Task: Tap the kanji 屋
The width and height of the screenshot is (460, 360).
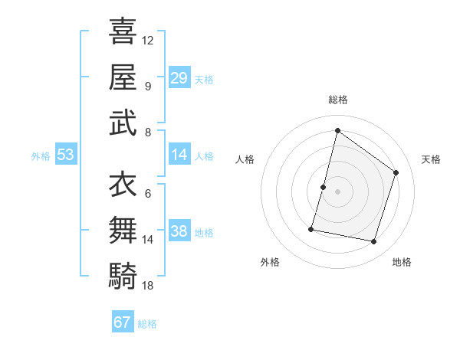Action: click(123, 76)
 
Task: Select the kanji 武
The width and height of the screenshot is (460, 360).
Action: click(123, 122)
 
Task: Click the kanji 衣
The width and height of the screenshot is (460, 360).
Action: click(123, 184)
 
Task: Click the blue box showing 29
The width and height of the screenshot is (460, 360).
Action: click(179, 77)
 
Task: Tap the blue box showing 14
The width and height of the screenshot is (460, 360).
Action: click(179, 155)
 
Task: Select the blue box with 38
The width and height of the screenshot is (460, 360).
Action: click(179, 231)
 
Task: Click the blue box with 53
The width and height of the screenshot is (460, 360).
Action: click(66, 155)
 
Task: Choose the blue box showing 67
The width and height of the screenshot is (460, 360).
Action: click(123, 322)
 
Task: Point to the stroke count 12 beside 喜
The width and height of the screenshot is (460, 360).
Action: click(148, 40)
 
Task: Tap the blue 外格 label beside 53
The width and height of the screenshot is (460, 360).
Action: click(41, 155)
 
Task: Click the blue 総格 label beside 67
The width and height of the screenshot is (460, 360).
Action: click(147, 324)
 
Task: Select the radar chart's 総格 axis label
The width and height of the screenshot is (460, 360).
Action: click(337, 100)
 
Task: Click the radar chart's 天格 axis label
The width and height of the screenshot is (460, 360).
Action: click(431, 159)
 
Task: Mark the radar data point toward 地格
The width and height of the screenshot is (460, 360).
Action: click(374, 242)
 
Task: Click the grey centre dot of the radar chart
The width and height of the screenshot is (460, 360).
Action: click(337, 191)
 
